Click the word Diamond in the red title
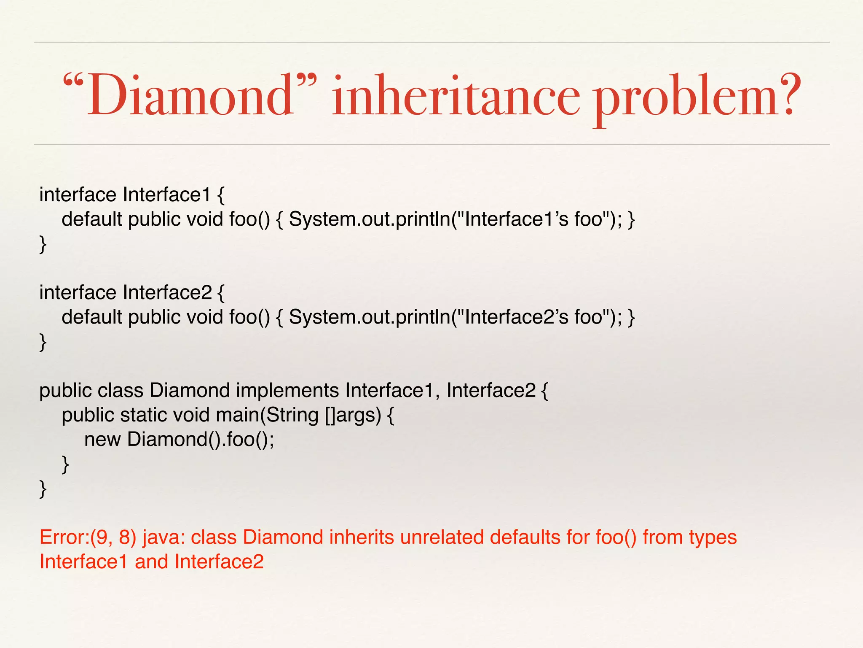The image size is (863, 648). (190, 95)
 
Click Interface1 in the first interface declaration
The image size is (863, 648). (167, 195)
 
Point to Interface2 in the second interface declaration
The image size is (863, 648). (167, 293)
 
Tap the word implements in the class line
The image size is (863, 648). (287, 391)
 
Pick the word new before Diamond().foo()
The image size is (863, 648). (102, 440)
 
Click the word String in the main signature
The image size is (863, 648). (292, 415)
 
